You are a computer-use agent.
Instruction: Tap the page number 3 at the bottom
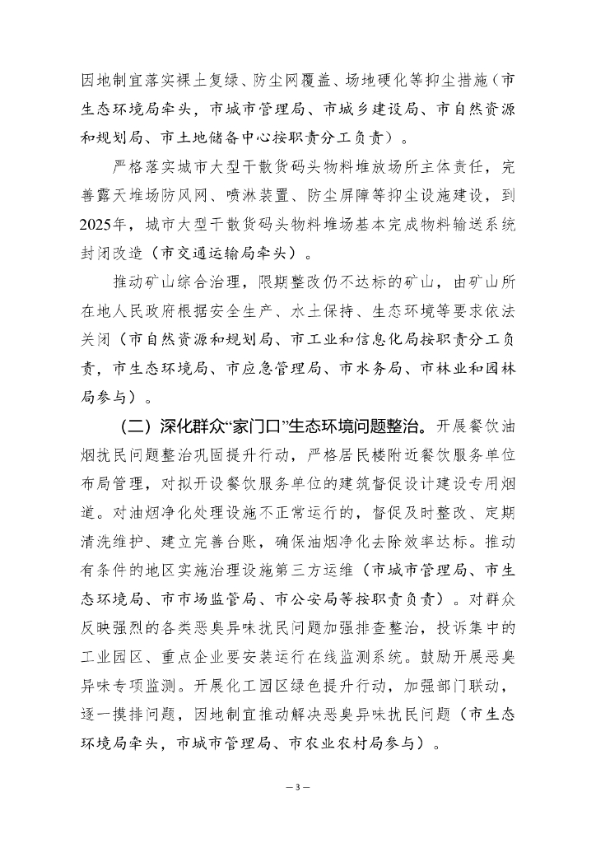(x=297, y=787)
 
